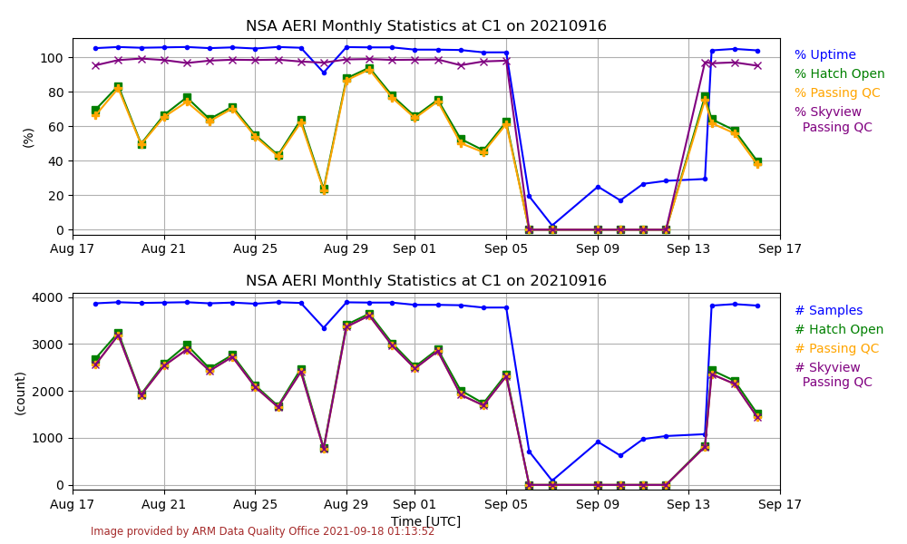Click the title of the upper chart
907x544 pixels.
click(x=426, y=26)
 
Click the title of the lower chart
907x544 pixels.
click(x=426, y=281)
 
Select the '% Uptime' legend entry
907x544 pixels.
click(x=824, y=55)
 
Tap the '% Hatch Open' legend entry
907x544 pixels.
click(x=839, y=74)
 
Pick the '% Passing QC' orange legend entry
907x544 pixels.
click(x=836, y=93)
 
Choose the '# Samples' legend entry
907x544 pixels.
click(x=828, y=311)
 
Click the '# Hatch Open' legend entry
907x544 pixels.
click(x=838, y=330)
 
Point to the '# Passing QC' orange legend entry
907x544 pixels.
click(x=836, y=349)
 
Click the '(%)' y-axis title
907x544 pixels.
click(x=28, y=137)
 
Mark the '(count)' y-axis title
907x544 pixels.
click(x=21, y=393)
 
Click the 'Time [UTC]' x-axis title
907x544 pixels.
click(x=425, y=521)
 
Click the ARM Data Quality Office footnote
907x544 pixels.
click(x=262, y=531)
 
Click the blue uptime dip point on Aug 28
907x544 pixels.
click(x=324, y=73)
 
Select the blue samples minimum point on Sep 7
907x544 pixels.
click(x=552, y=481)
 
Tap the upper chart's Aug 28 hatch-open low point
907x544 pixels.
click(x=324, y=189)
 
